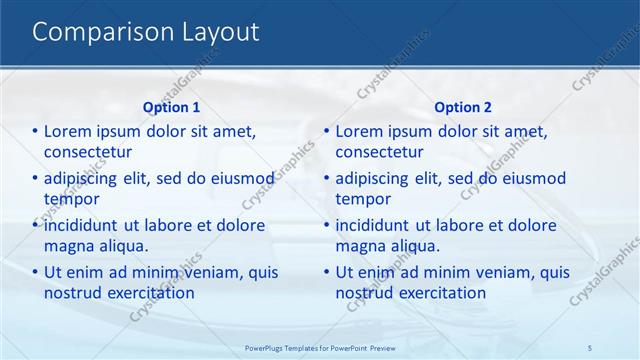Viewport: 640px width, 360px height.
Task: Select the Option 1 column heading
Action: tap(171, 107)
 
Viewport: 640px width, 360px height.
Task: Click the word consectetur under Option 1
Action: tap(89, 152)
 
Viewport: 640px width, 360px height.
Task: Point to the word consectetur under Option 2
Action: tap(380, 152)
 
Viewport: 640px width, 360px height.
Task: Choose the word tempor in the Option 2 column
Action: tap(361, 199)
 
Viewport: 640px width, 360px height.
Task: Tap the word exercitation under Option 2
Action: tap(438, 294)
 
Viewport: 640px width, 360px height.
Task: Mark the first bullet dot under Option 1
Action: tap(35, 131)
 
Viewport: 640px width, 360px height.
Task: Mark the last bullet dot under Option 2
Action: tap(326, 272)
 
